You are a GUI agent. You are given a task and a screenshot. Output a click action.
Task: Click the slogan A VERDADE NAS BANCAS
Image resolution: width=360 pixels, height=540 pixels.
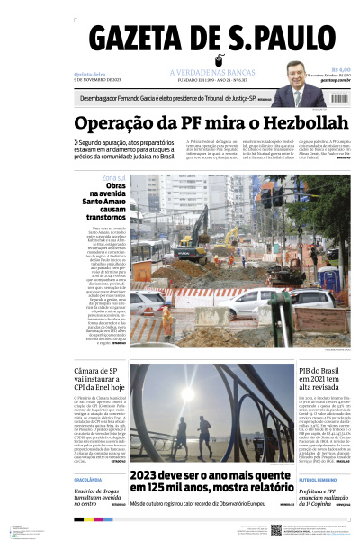point(208,73)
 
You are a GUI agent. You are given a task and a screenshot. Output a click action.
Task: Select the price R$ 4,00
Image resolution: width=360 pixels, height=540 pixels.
point(340,69)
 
